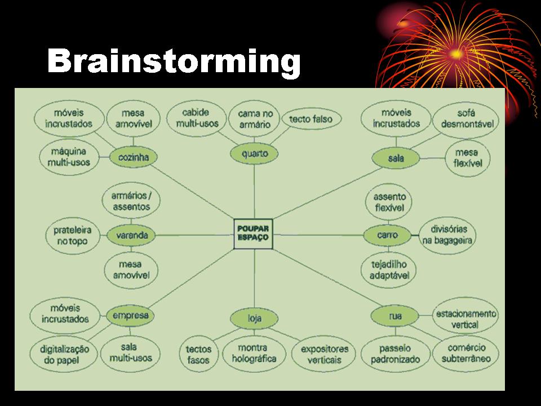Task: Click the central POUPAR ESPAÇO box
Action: (254, 233)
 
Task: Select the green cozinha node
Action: (133, 157)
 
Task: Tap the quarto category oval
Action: (254, 153)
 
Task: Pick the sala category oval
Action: (396, 158)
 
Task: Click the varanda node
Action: (131, 235)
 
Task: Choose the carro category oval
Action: (388, 235)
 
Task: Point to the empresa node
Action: (130, 315)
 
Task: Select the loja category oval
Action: (254, 319)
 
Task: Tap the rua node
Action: (395, 316)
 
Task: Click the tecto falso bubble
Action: (311, 119)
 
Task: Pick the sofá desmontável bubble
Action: (466, 118)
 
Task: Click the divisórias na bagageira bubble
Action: (448, 236)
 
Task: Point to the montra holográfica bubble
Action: (253, 353)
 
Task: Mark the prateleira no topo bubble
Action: (72, 236)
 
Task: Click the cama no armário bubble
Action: (255, 119)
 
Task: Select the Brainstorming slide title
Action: (174, 61)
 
